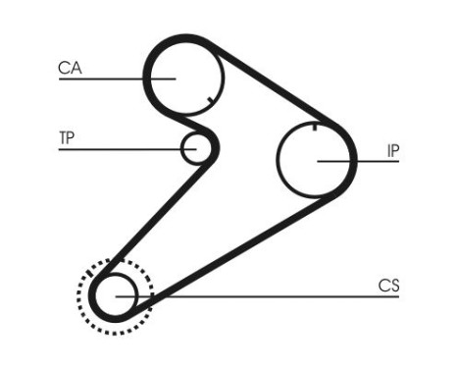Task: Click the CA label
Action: tap(70, 68)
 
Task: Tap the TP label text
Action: tap(67, 137)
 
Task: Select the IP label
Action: tap(392, 151)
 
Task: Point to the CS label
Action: tap(389, 286)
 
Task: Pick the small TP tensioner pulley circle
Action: tap(195, 149)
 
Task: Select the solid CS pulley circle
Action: tap(116, 293)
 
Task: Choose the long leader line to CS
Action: tap(275, 295)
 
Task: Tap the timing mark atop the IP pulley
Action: tap(314, 125)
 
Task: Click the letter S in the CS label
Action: tap(395, 286)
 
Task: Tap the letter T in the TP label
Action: tap(63, 137)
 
